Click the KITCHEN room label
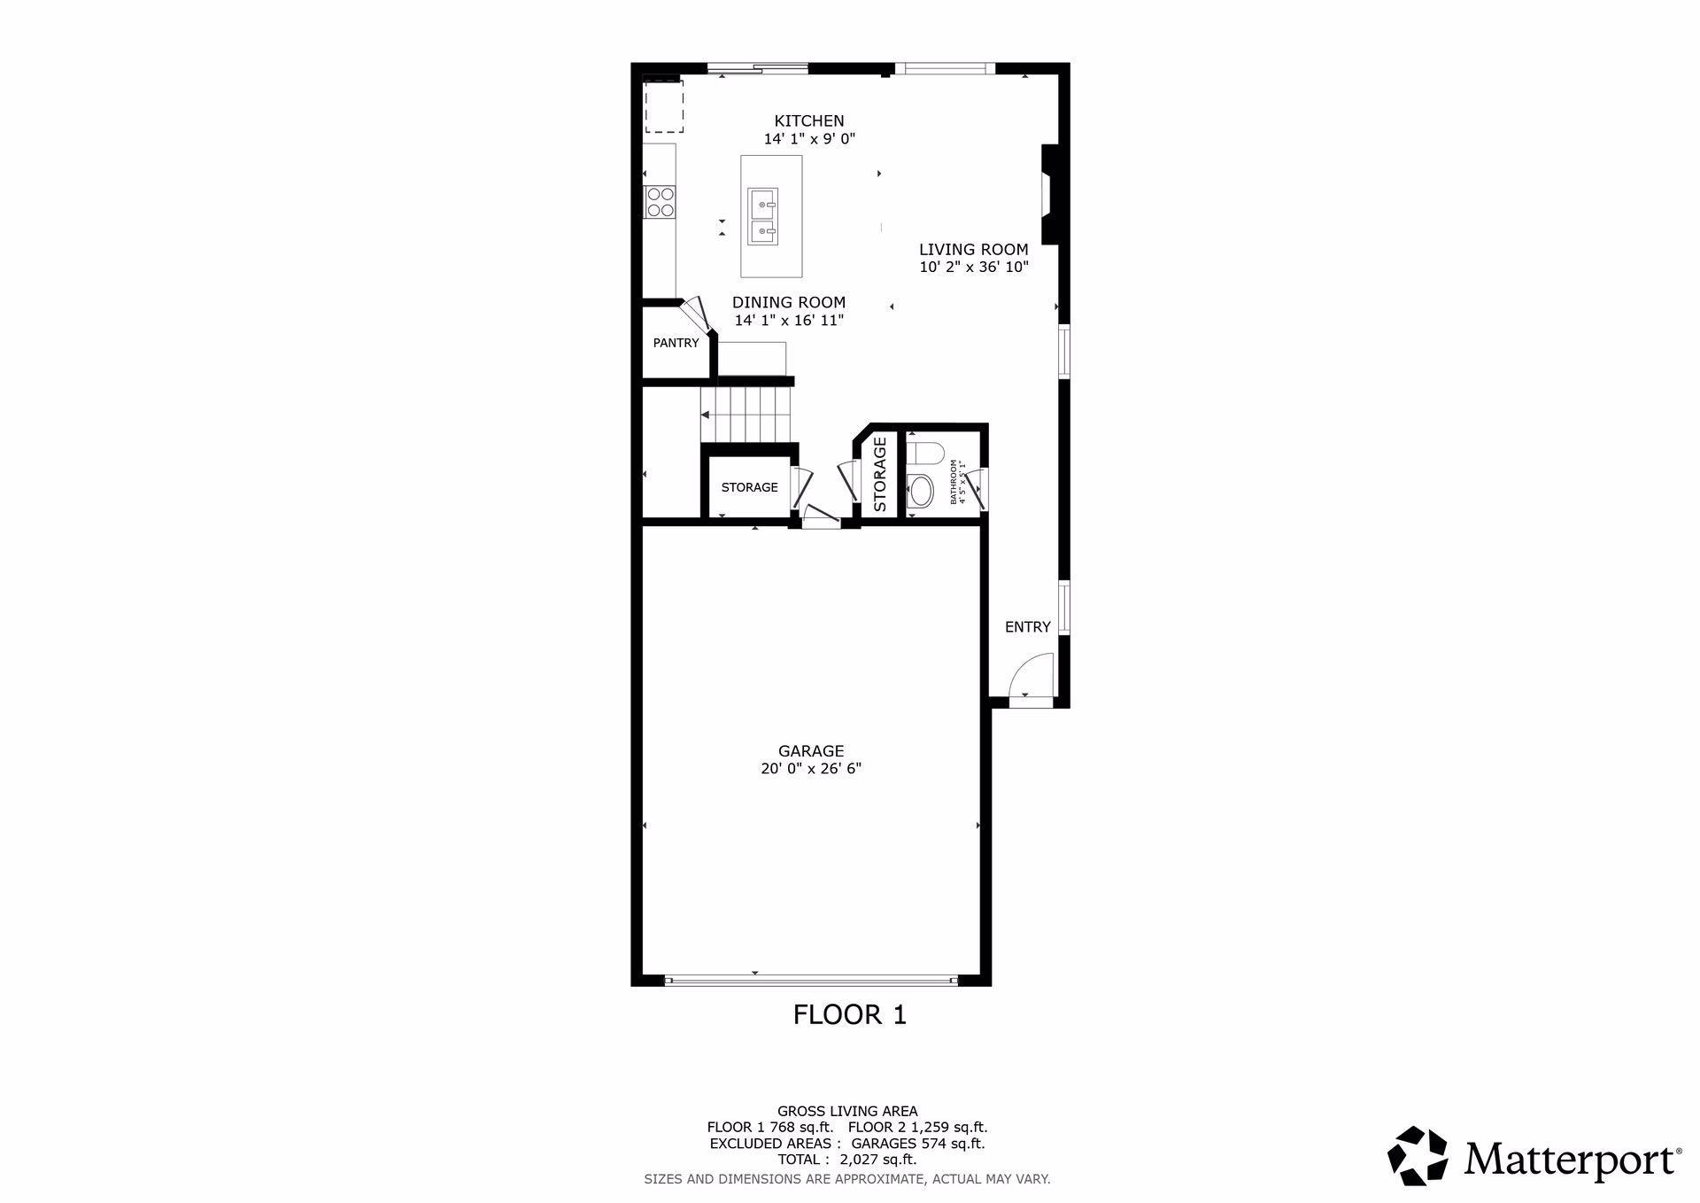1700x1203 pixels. point(809,121)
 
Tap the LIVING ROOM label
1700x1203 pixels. point(973,250)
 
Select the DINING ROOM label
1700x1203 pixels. point(788,302)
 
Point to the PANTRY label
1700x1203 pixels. point(676,343)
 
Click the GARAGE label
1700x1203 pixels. point(811,751)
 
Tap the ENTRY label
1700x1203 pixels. point(1027,627)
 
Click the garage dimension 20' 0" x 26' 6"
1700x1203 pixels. point(811,769)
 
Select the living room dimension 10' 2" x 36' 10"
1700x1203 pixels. point(973,267)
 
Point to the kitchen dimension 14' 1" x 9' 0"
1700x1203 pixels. point(809,139)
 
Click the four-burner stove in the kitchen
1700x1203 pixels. point(660,203)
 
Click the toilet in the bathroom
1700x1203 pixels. point(923,454)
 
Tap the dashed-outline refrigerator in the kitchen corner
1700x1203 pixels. point(663,106)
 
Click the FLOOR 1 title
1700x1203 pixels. point(850,1014)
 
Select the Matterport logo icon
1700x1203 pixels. point(1418,1155)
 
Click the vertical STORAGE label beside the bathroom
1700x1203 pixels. point(880,474)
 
